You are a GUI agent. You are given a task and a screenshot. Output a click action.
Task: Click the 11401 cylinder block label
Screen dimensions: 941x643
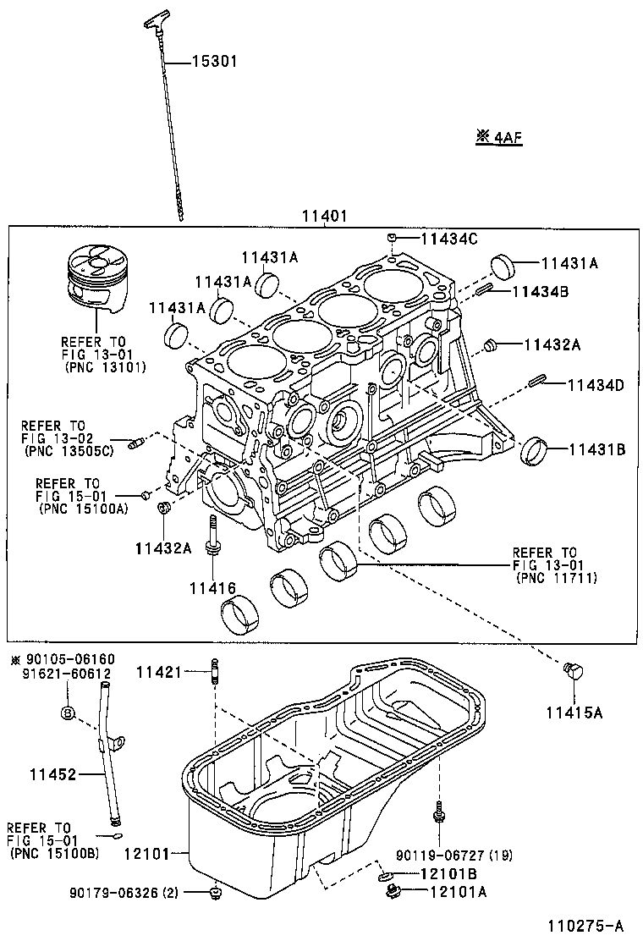click(x=322, y=216)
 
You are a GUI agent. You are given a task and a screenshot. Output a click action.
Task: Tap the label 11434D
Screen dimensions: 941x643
click(x=595, y=385)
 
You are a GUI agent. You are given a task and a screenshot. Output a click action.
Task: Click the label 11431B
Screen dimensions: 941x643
click(x=596, y=449)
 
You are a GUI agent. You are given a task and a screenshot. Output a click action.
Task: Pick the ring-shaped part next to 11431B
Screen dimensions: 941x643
click(x=533, y=450)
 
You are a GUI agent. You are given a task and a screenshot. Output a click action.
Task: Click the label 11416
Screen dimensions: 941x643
click(x=212, y=588)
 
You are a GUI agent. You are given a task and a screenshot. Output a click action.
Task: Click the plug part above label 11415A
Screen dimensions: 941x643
click(x=572, y=672)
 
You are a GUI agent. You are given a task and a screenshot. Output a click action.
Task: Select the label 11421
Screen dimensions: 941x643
click(x=160, y=672)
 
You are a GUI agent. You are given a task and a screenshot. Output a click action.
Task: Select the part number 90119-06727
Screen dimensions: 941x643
click(x=443, y=855)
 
